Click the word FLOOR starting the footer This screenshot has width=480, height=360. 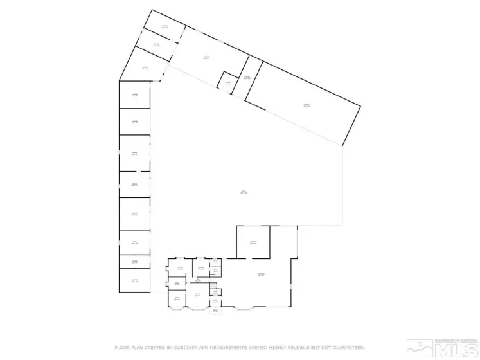(122, 347)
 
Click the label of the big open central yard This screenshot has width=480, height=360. (244, 192)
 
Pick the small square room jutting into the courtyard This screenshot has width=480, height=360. (227, 82)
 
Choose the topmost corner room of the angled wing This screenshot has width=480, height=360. (164, 27)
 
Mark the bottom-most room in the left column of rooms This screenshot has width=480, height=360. (135, 281)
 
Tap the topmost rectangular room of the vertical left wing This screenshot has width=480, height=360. (135, 94)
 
